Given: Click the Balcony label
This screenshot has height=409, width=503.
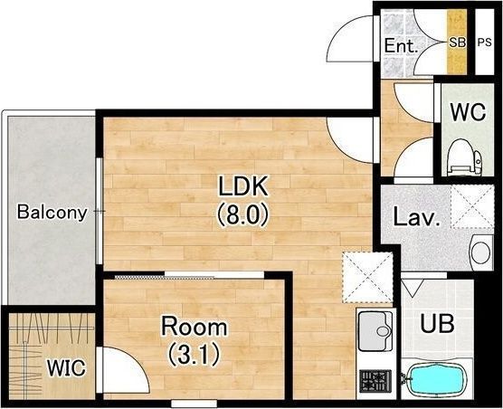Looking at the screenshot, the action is click(x=52, y=213).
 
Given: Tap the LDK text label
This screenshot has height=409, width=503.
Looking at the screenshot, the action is click(x=242, y=186).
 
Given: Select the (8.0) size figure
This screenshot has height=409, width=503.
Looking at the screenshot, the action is click(x=242, y=215).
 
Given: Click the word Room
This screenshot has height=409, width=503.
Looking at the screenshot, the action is click(x=195, y=327).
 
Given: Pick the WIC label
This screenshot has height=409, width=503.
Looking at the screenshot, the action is click(x=66, y=367).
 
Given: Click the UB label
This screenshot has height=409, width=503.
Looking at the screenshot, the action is click(x=437, y=324).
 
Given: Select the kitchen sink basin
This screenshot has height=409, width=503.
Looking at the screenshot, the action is click(x=375, y=331).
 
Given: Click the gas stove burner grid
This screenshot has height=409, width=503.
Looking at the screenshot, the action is click(x=375, y=381).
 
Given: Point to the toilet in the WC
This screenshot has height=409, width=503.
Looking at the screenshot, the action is click(x=464, y=157).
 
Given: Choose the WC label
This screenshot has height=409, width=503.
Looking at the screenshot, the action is click(x=468, y=112).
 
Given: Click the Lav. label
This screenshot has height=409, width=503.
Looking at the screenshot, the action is click(x=416, y=217).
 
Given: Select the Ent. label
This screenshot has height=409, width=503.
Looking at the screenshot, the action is click(x=402, y=45).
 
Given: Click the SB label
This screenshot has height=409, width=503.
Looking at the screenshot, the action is click(x=457, y=43).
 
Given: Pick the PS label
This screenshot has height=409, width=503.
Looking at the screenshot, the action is click(x=484, y=43).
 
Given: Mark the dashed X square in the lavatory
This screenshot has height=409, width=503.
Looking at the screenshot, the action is click(x=472, y=206).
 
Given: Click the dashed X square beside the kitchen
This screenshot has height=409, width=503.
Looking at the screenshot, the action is click(x=367, y=278).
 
